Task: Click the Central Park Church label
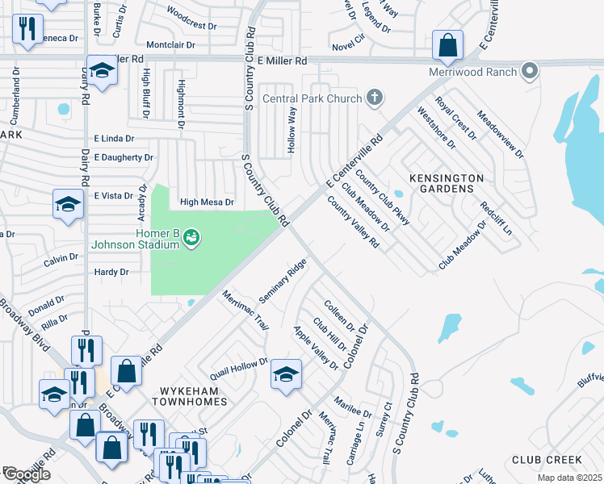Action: coord(312,99)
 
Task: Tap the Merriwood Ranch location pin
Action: coord(530,72)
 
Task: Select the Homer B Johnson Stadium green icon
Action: coord(191,237)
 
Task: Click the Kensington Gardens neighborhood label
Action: coord(447,182)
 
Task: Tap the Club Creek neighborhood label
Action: coord(547,460)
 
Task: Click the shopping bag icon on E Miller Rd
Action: coord(447,46)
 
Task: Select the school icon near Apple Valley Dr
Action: coord(286,373)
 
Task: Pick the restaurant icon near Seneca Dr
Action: coord(28,28)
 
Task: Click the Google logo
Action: coord(26,474)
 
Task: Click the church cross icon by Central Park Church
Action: coord(374,99)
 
